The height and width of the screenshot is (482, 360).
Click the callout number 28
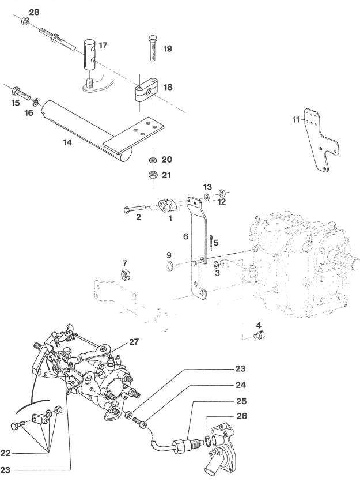click(x=34, y=12)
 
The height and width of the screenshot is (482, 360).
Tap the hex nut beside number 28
click(x=25, y=21)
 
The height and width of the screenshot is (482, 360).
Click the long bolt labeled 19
click(x=153, y=48)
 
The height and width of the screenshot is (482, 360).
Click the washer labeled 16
click(x=36, y=100)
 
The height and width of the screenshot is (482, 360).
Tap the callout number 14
click(x=67, y=142)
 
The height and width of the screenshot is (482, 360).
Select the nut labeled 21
click(x=153, y=175)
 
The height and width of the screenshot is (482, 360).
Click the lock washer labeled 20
click(x=153, y=160)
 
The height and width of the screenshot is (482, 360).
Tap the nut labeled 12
click(x=222, y=193)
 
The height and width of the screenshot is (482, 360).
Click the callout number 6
click(x=185, y=236)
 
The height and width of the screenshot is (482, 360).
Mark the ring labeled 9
click(x=169, y=265)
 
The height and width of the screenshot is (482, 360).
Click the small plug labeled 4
click(x=260, y=335)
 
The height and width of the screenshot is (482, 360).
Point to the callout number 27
click(x=134, y=341)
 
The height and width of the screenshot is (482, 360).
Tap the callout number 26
click(x=242, y=416)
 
